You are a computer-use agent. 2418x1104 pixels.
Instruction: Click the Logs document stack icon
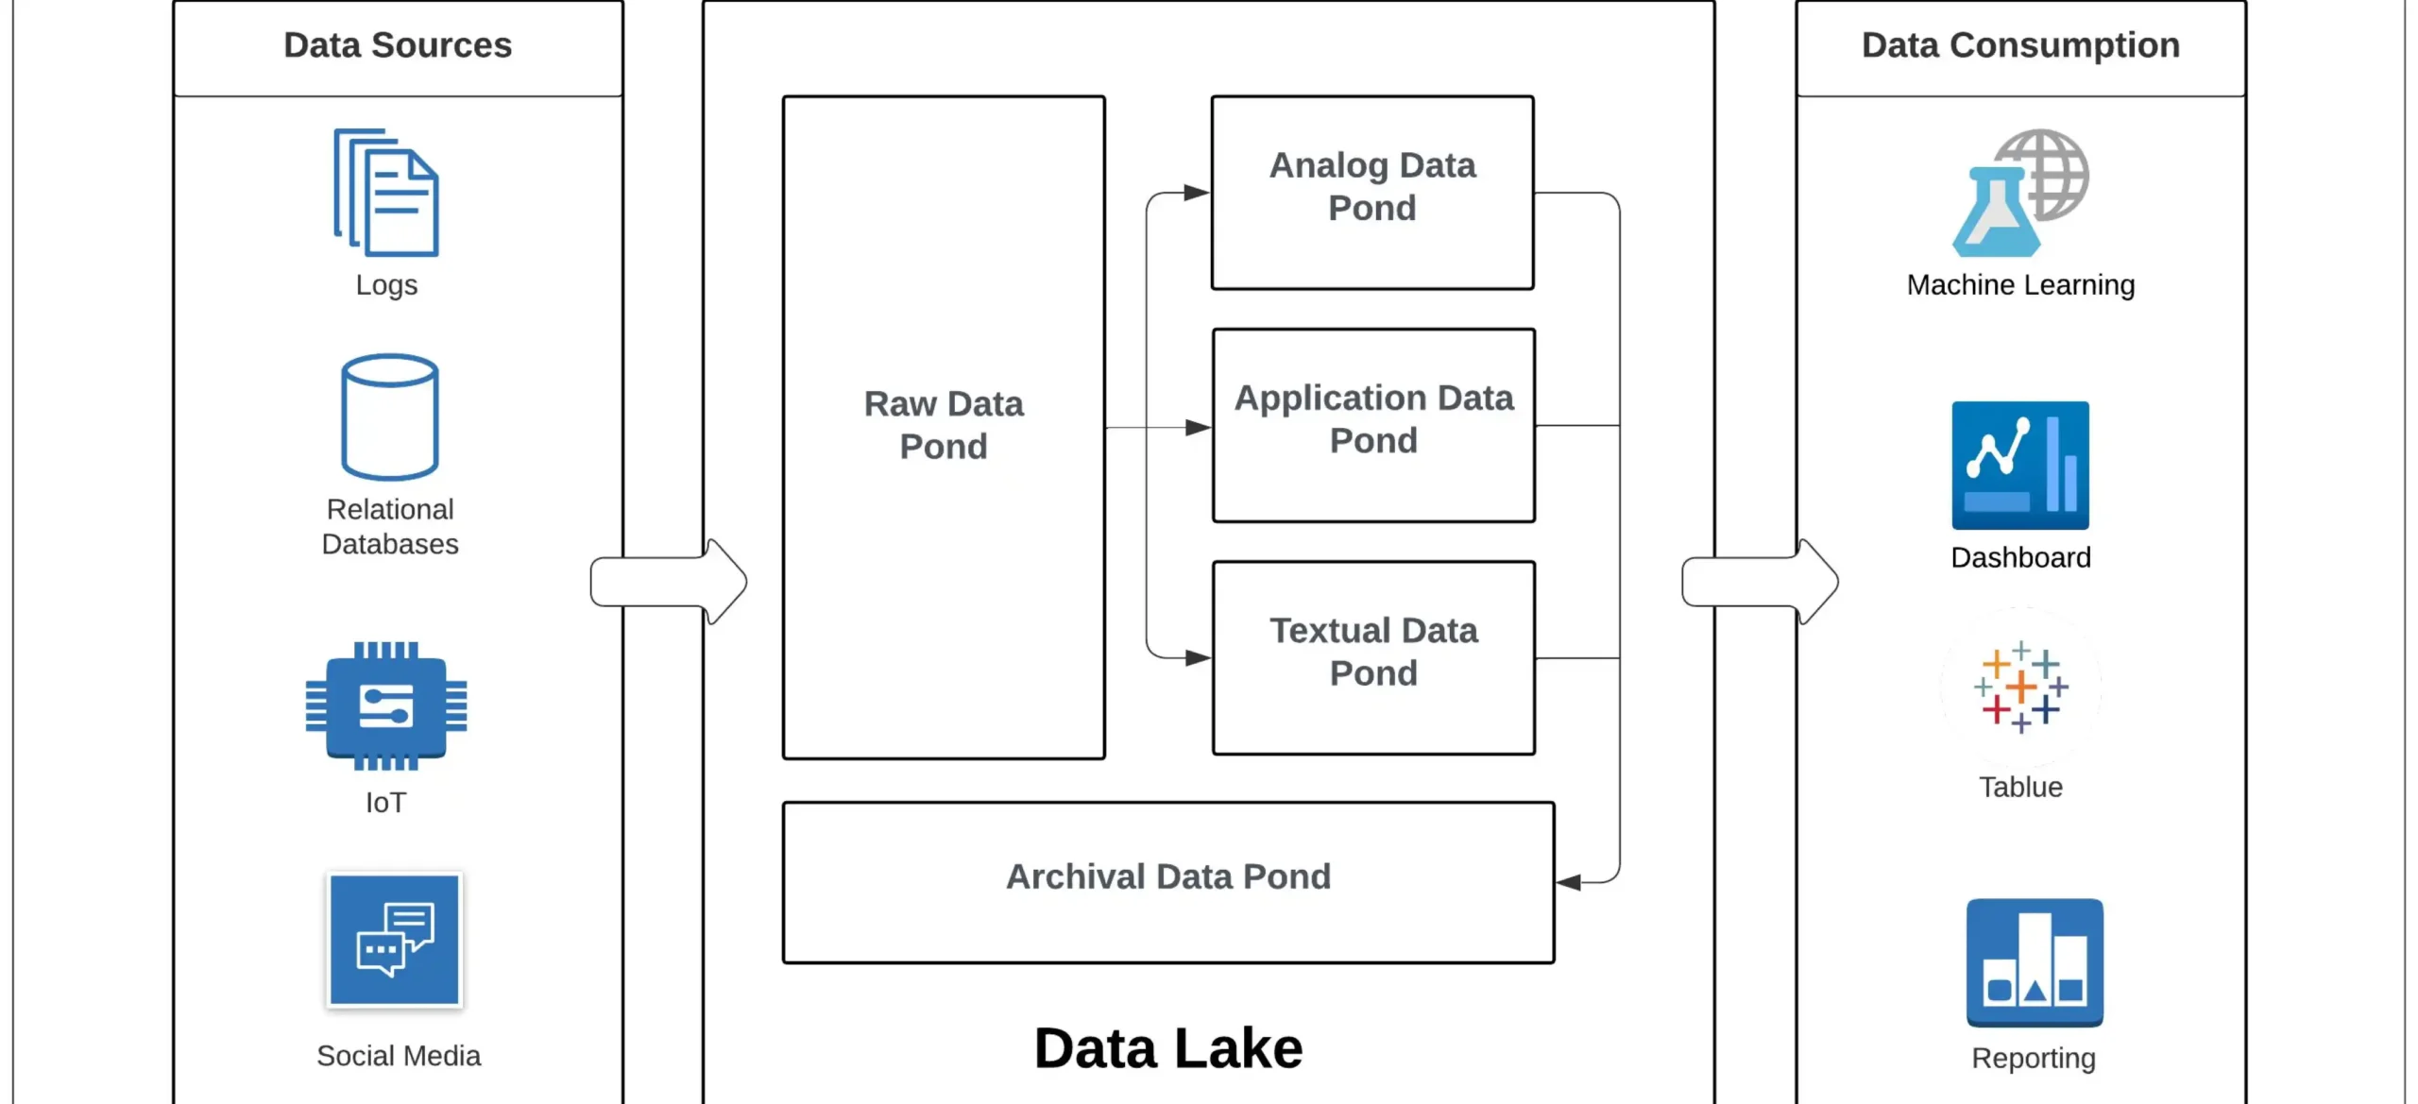(386, 193)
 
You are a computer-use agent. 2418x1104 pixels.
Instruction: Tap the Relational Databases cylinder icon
(389, 416)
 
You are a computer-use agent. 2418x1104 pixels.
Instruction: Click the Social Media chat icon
(395, 941)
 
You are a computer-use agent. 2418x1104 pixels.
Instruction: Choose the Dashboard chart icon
(2019, 465)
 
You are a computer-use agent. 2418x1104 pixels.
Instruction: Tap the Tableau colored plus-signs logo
(2020, 688)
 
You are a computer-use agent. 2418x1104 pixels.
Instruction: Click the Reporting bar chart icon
(2034, 962)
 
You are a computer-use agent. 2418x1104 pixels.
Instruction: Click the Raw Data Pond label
(943, 425)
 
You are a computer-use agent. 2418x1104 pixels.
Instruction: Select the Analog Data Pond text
(1371, 186)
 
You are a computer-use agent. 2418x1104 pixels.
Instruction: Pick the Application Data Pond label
(1373, 418)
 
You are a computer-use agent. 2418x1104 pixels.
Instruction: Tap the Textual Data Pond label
(1373, 652)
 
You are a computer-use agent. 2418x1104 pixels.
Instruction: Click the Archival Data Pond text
(1168, 876)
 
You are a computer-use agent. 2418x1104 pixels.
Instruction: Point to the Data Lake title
(1168, 1048)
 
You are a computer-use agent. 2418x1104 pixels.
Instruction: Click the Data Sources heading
(398, 45)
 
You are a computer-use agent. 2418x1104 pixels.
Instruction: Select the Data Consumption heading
(2020, 45)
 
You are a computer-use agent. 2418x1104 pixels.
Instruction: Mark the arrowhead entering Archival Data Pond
(1569, 882)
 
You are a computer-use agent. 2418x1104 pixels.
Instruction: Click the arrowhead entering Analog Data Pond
(1196, 193)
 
